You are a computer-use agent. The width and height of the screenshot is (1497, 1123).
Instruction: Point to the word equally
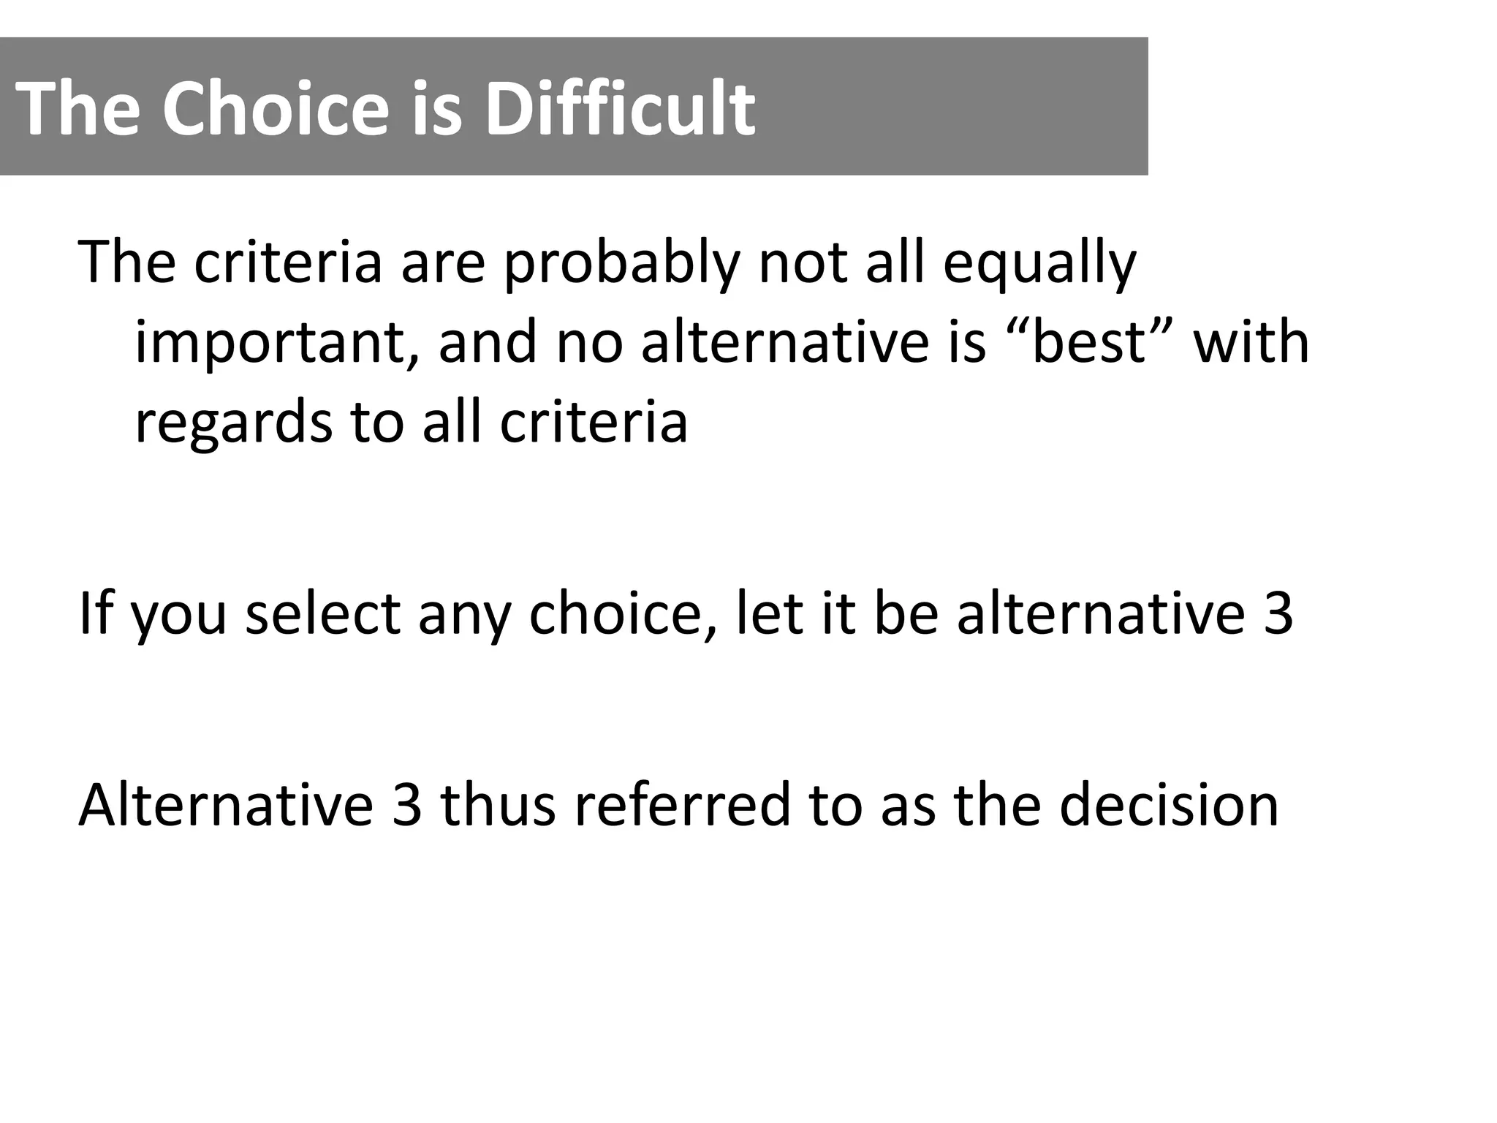[x=1039, y=263]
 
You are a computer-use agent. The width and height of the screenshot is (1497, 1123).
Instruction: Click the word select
[x=322, y=613]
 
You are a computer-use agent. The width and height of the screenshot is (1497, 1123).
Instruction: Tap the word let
[x=764, y=613]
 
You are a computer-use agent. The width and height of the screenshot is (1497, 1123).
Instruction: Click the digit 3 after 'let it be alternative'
[x=1277, y=613]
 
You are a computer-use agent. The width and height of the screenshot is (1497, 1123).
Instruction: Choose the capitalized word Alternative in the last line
[x=226, y=804]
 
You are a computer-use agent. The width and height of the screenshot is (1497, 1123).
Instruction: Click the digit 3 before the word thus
[x=407, y=804]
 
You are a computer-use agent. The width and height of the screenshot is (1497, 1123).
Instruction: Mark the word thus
[x=498, y=804]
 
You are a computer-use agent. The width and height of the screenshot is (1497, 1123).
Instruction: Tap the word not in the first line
[x=803, y=263]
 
